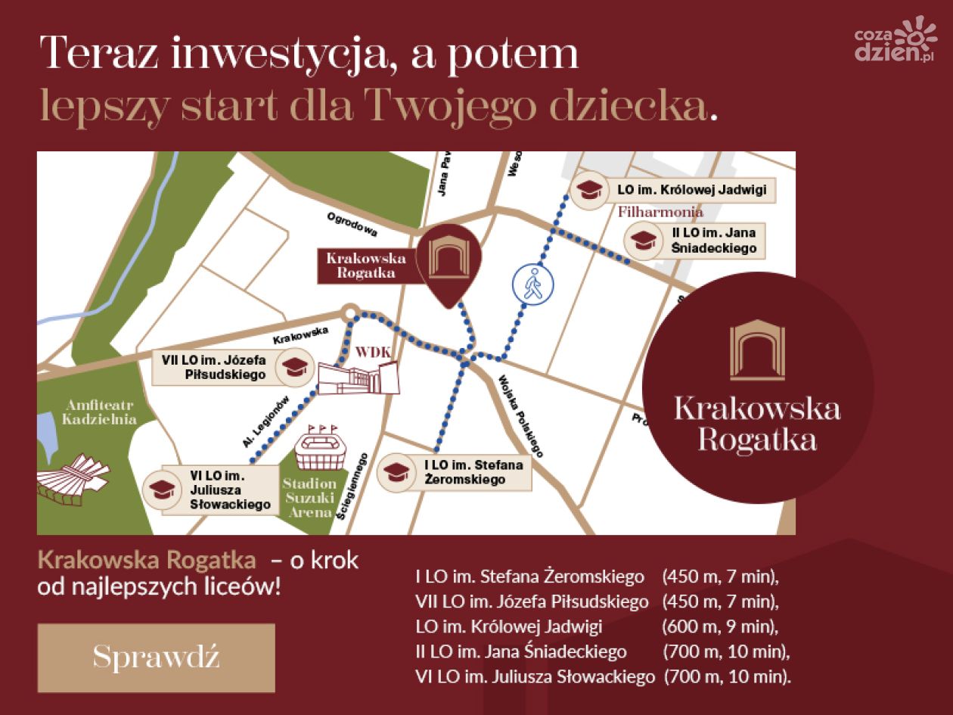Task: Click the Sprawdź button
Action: click(x=156, y=657)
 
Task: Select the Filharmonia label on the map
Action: click(x=660, y=213)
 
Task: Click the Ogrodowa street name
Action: click(x=352, y=224)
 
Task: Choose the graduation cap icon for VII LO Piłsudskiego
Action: click(x=292, y=368)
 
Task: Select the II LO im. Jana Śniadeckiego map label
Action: click(x=713, y=241)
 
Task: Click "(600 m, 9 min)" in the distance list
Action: click(x=719, y=626)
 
